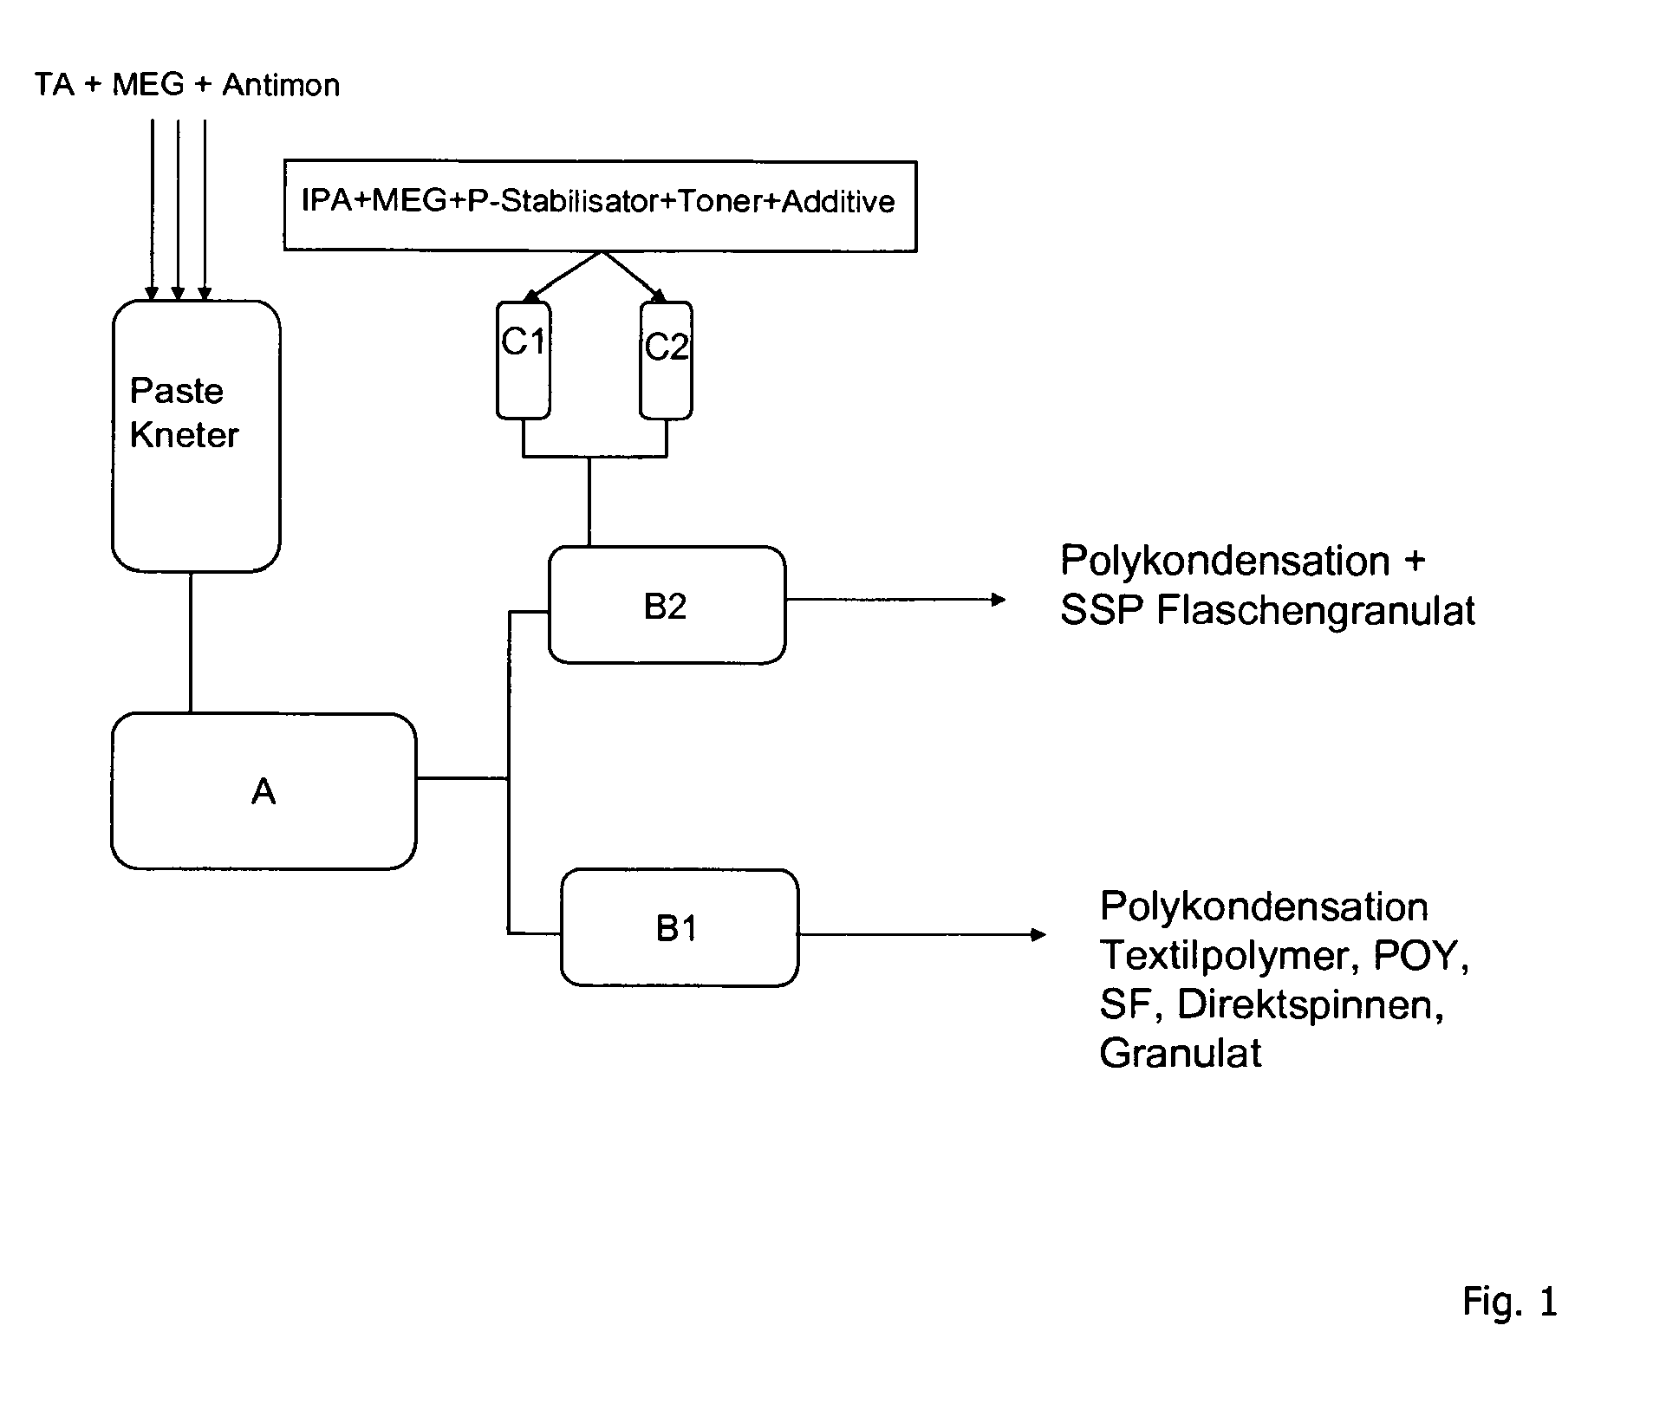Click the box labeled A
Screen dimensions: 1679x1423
pyautogui.click(x=264, y=790)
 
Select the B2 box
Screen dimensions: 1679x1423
pyautogui.click(x=667, y=605)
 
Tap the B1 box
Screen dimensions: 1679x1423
pyautogui.click(x=679, y=928)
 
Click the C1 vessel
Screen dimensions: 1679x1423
pyautogui.click(x=523, y=360)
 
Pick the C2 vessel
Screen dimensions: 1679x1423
pyautogui.click(x=666, y=360)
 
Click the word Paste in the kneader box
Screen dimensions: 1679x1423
pyautogui.click(x=177, y=391)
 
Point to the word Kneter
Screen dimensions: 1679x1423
pyautogui.click(x=184, y=435)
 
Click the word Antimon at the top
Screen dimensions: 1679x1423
pyautogui.click(x=281, y=85)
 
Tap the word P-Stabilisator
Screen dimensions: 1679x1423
pyautogui.click(x=564, y=201)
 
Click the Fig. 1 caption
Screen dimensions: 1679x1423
pyautogui.click(x=1510, y=1301)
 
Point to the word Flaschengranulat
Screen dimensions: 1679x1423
pyautogui.click(x=1315, y=610)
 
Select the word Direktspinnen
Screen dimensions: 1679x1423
pyautogui.click(x=1310, y=1005)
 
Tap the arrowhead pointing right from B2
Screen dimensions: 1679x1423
pyautogui.click(x=998, y=599)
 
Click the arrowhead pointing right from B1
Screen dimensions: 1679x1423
pyautogui.click(x=1038, y=934)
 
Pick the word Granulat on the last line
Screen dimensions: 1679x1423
pyautogui.click(x=1181, y=1053)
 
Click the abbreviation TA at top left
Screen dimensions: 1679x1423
pyautogui.click(x=55, y=85)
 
